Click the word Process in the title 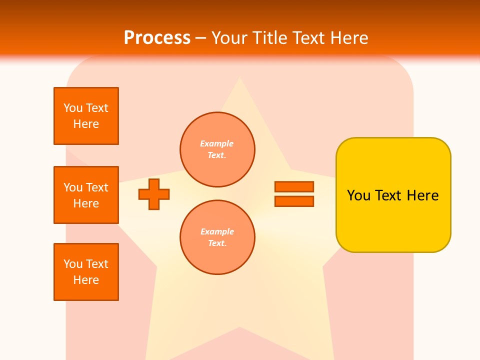[x=157, y=38]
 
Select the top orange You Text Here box [x=86, y=116]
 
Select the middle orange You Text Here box [x=86, y=195]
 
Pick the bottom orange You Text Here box [x=86, y=272]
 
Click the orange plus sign [x=154, y=194]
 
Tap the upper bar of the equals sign [x=294, y=186]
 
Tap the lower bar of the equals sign [x=294, y=201]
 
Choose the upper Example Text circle [x=217, y=149]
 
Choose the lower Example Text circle [x=217, y=237]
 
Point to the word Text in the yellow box [x=389, y=195]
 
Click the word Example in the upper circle [x=216, y=143]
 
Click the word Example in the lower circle [x=217, y=231]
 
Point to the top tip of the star [x=240, y=78]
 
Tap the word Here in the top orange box [x=86, y=124]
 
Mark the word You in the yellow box [x=358, y=195]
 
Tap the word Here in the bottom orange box [x=86, y=280]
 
